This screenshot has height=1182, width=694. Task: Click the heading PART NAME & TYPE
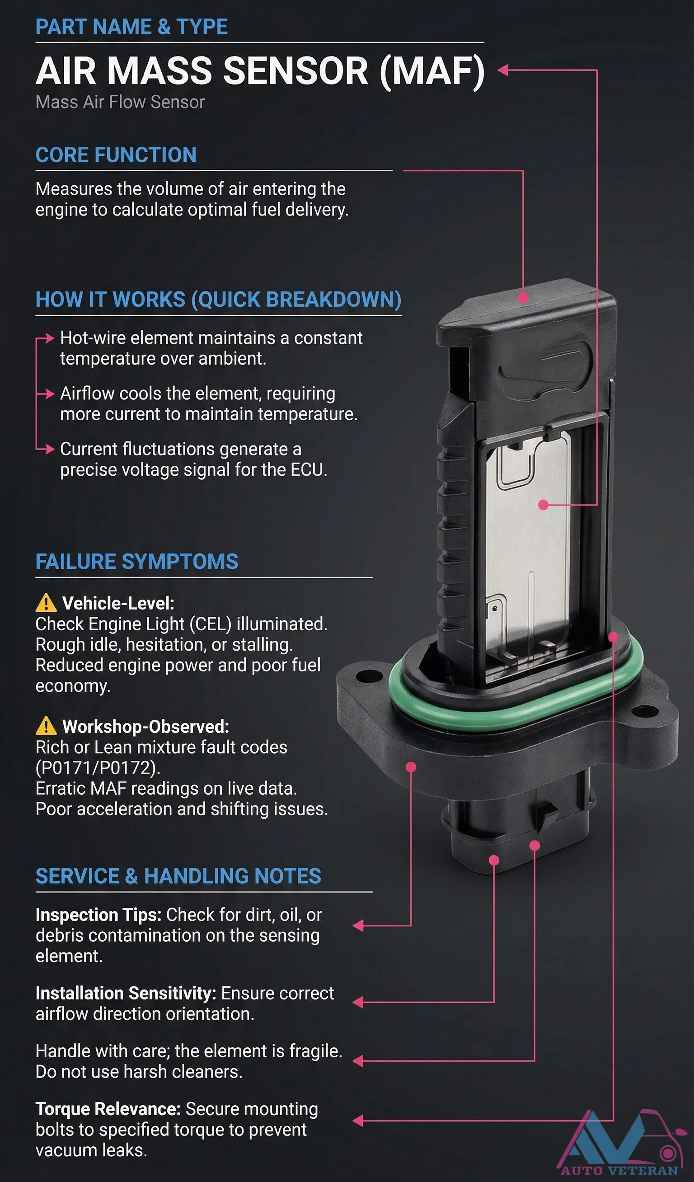pos(131,27)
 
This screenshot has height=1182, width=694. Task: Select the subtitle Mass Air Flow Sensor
pos(120,102)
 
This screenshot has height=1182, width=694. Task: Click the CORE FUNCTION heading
pos(116,155)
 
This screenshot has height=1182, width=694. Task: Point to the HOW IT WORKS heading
pos(218,300)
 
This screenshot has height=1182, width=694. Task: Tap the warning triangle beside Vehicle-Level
pos(46,604)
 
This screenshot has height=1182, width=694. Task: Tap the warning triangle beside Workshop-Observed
pos(46,727)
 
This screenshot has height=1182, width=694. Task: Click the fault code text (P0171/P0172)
pos(98,768)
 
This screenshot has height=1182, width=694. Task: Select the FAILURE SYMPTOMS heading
pos(136,562)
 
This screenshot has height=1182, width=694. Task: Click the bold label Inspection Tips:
pos(98,915)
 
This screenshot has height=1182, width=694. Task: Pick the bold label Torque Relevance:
pos(108,1109)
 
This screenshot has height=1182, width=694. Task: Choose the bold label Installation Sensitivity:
pos(126,994)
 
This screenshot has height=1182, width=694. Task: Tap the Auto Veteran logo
pos(619,1144)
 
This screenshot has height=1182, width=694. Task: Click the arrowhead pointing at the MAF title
pos(503,70)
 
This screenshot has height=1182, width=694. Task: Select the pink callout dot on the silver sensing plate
pos(544,505)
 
